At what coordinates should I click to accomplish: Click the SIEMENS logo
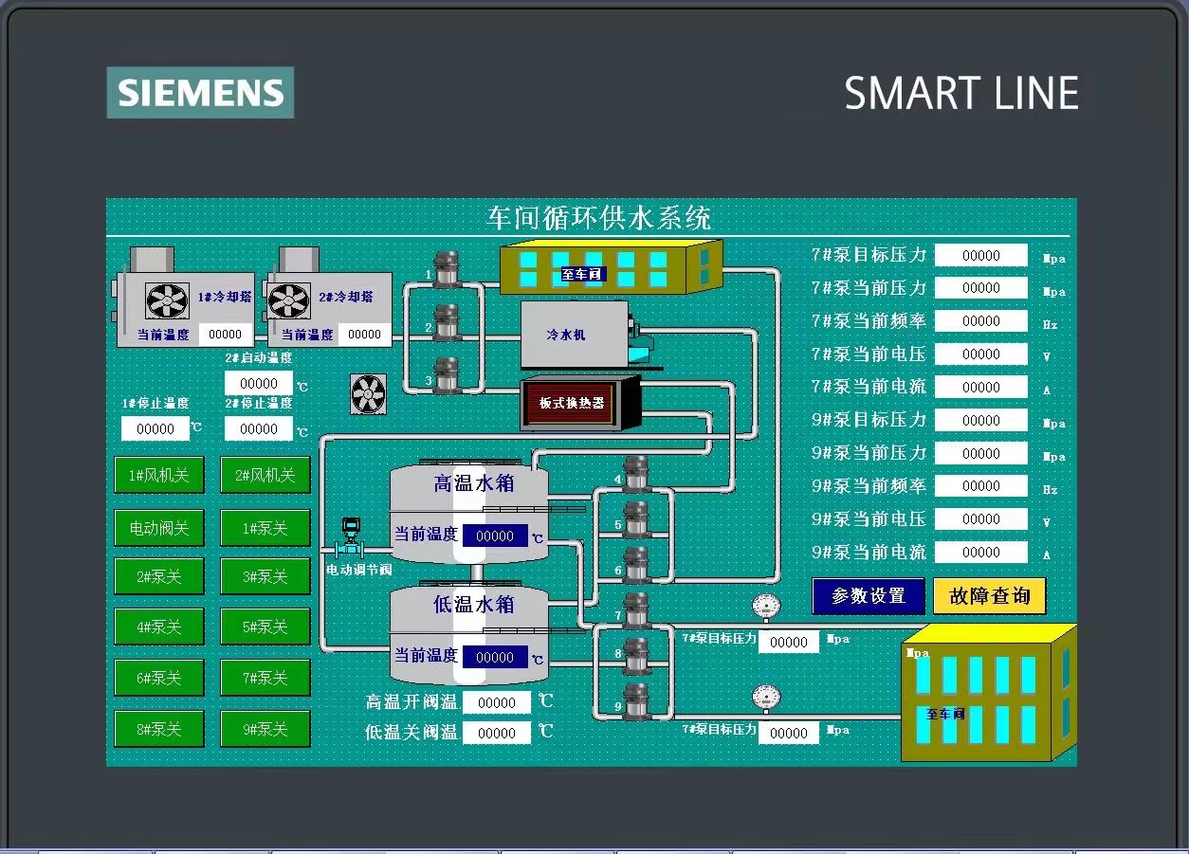click(x=200, y=93)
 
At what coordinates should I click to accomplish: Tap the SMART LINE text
click(x=960, y=94)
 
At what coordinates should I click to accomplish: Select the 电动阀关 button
click(x=159, y=528)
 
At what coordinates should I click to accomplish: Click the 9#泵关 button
click(x=265, y=729)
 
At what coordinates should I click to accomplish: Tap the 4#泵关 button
click(x=159, y=627)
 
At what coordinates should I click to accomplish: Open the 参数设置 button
click(x=868, y=596)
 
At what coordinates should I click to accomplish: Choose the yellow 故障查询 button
click(x=989, y=596)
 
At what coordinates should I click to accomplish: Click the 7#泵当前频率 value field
click(x=980, y=321)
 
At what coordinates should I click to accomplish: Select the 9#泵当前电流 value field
click(x=980, y=552)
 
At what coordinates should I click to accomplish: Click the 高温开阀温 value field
click(x=497, y=702)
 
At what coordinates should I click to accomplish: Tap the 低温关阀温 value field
click(x=497, y=733)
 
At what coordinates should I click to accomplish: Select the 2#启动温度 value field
click(x=259, y=383)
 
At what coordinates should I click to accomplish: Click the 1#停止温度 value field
click(x=155, y=428)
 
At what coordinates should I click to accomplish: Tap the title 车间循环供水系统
click(x=598, y=218)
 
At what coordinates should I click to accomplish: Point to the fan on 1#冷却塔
click(x=167, y=300)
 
